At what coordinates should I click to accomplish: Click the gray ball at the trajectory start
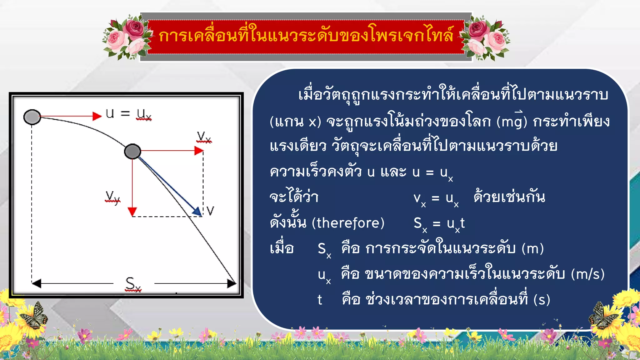coord(32,117)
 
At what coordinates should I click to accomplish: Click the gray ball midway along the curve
coord(132,152)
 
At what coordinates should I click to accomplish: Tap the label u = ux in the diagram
coord(128,114)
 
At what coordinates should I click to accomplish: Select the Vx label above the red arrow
coord(204,137)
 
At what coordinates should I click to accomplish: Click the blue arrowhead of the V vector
coord(197,212)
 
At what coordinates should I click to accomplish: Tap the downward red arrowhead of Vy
coord(132,212)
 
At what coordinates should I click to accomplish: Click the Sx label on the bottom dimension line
coord(133,284)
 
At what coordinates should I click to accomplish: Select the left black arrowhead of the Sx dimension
coord(36,283)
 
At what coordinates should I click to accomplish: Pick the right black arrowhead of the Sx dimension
coord(232,283)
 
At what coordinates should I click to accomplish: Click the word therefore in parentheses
coord(348,223)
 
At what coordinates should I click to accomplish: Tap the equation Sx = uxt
coord(439,224)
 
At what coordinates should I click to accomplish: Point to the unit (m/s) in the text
coord(587,274)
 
